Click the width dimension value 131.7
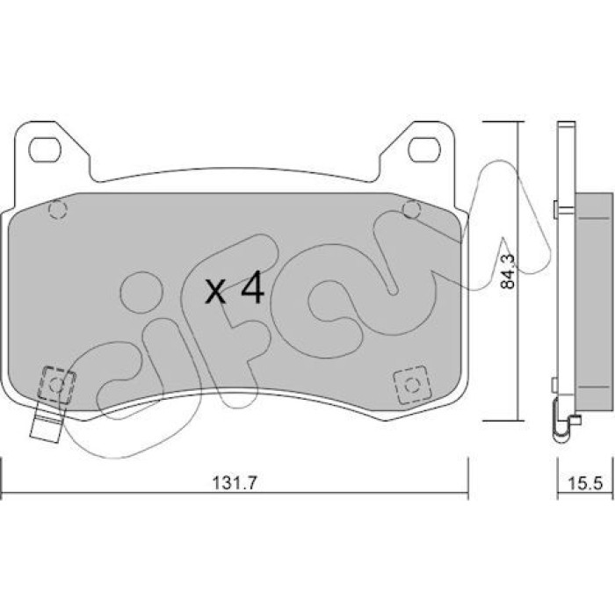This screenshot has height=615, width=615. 235,483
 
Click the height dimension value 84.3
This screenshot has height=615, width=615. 509,271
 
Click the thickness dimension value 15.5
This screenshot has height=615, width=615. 585,483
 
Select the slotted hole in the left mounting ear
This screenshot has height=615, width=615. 45,149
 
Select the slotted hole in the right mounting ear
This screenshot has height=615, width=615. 423,149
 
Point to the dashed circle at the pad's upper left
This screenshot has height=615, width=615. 58,210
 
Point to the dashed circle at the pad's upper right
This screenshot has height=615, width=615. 411,209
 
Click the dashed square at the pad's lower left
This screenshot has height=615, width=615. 56,385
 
